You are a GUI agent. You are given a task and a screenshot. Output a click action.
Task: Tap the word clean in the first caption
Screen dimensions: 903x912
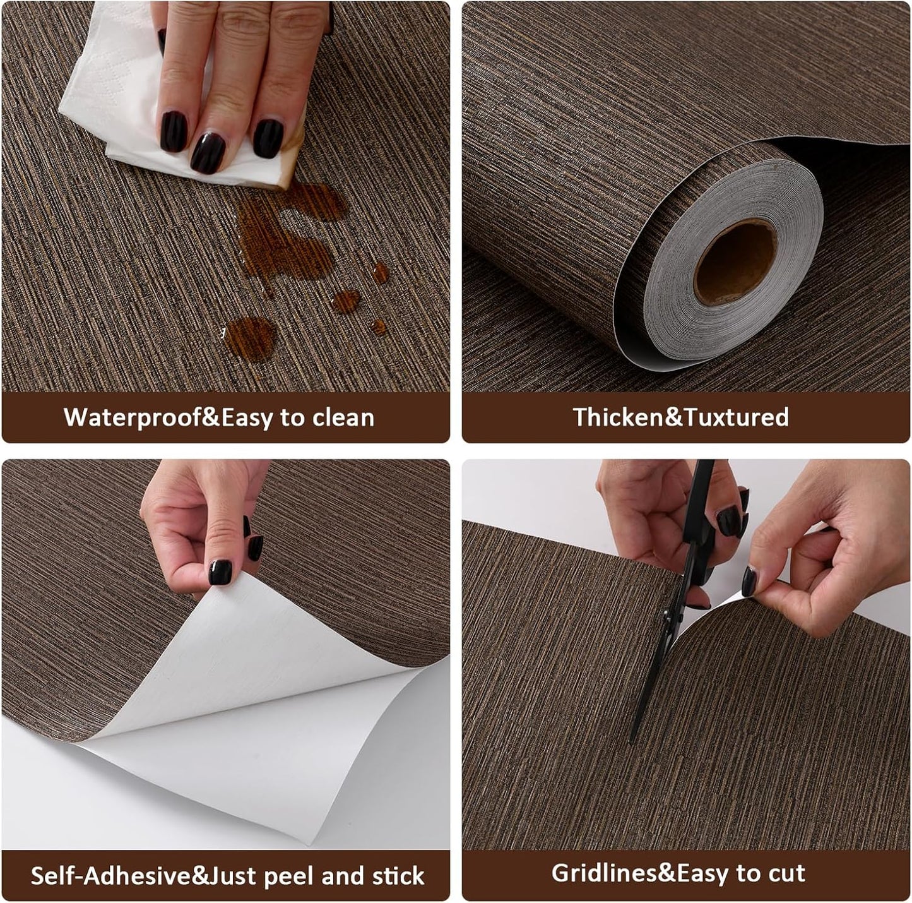tap(345, 417)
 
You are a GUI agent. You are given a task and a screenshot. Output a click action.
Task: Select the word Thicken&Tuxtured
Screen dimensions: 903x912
tap(680, 417)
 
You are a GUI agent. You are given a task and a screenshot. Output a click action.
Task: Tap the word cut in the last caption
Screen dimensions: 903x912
tap(786, 873)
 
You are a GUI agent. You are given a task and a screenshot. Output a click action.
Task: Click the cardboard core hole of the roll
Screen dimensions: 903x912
tap(736, 262)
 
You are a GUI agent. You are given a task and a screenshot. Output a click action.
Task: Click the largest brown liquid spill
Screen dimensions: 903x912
tap(284, 240)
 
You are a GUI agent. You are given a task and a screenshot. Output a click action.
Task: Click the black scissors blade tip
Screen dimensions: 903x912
tap(634, 739)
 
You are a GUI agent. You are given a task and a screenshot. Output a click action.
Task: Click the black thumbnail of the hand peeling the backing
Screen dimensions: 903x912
tap(220, 572)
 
